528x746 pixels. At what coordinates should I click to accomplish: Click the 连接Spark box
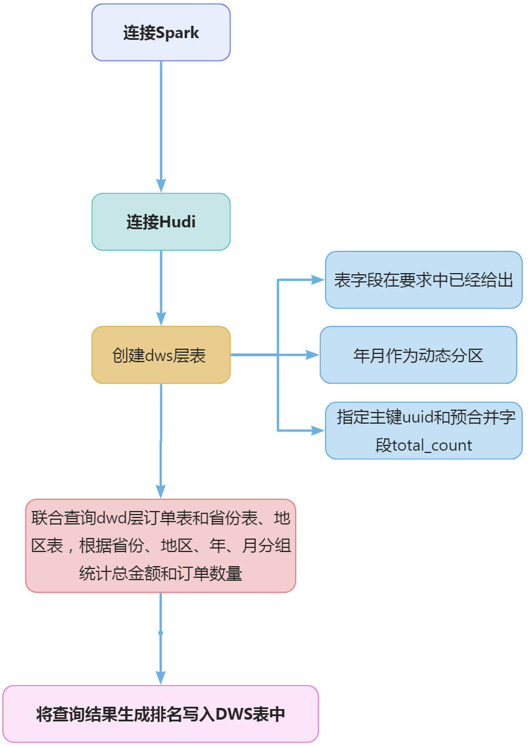161,32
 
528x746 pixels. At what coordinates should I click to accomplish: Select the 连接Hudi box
161,222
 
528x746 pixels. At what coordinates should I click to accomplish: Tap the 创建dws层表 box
161,355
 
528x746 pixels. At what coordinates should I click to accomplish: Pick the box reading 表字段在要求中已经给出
424,280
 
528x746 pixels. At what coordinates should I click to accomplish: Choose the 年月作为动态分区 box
418,355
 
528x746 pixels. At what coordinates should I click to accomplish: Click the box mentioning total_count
424,430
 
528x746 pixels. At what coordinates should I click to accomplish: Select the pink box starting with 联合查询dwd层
161,546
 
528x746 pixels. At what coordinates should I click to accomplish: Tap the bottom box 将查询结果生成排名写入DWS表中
161,714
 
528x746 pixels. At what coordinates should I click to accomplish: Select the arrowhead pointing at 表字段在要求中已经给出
319,280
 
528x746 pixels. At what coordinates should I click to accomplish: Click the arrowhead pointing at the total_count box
319,430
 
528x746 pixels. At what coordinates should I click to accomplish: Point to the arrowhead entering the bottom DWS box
161,678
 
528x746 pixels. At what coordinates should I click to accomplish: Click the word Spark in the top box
178,33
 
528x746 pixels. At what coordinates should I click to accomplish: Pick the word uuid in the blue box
417,417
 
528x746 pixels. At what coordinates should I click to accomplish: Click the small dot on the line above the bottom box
161,633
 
